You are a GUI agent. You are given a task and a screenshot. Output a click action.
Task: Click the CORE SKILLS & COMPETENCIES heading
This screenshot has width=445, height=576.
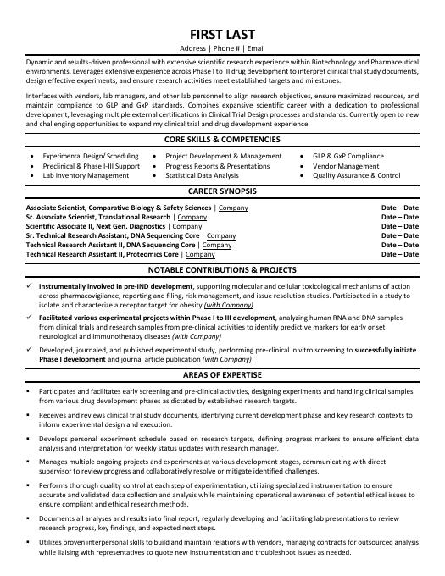coord(222,138)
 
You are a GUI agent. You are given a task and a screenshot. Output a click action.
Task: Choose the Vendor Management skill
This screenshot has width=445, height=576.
coord(346,166)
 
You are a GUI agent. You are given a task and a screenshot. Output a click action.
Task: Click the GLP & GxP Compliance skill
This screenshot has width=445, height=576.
coord(348,156)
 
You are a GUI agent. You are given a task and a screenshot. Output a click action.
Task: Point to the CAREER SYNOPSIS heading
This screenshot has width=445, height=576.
coord(222,191)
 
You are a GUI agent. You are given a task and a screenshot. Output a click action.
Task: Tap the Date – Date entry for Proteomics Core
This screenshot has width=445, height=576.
coord(400,254)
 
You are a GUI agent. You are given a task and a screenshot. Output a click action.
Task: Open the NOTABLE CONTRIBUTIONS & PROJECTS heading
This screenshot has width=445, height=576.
coord(222,271)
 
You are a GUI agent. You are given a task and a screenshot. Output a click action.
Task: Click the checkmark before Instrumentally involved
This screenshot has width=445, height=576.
coord(30,287)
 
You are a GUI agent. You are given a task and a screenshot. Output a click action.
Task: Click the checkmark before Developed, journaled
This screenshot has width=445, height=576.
coord(30,348)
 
